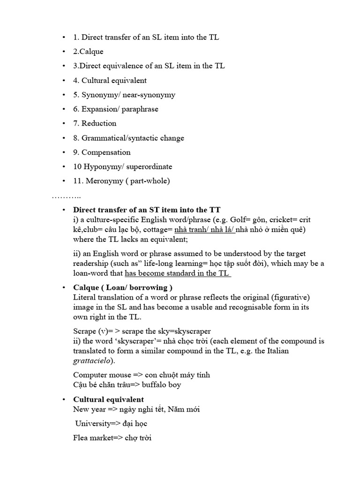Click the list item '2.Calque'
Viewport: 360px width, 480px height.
88,52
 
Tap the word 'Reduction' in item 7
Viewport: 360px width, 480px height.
99,123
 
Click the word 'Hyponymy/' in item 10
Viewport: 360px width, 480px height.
100,166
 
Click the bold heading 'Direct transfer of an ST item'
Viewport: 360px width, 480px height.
147,210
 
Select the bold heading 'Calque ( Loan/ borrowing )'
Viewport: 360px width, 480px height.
123,287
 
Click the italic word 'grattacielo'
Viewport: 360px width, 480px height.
93,361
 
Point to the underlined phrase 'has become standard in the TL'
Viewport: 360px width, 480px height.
178,273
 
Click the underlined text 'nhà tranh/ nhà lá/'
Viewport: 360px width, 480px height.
204,230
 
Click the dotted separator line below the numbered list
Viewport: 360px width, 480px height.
66,195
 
